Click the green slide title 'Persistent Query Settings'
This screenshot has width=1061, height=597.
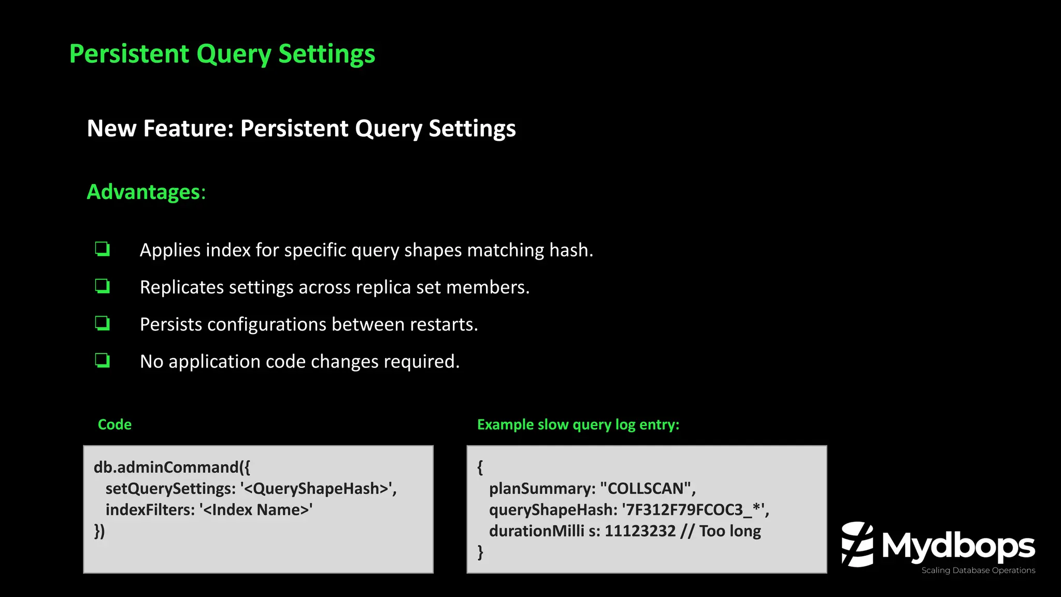222,54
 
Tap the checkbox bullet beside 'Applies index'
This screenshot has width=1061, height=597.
103,249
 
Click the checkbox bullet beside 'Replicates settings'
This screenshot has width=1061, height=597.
103,286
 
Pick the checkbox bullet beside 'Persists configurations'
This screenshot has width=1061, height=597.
103,323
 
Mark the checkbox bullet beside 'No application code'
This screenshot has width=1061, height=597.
103,360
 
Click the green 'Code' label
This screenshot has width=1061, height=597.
114,424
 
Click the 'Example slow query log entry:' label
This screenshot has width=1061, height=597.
578,424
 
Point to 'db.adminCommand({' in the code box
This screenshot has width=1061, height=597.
171,467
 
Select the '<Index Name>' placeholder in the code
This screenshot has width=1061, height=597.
256,510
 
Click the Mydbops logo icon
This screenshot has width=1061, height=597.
857,545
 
